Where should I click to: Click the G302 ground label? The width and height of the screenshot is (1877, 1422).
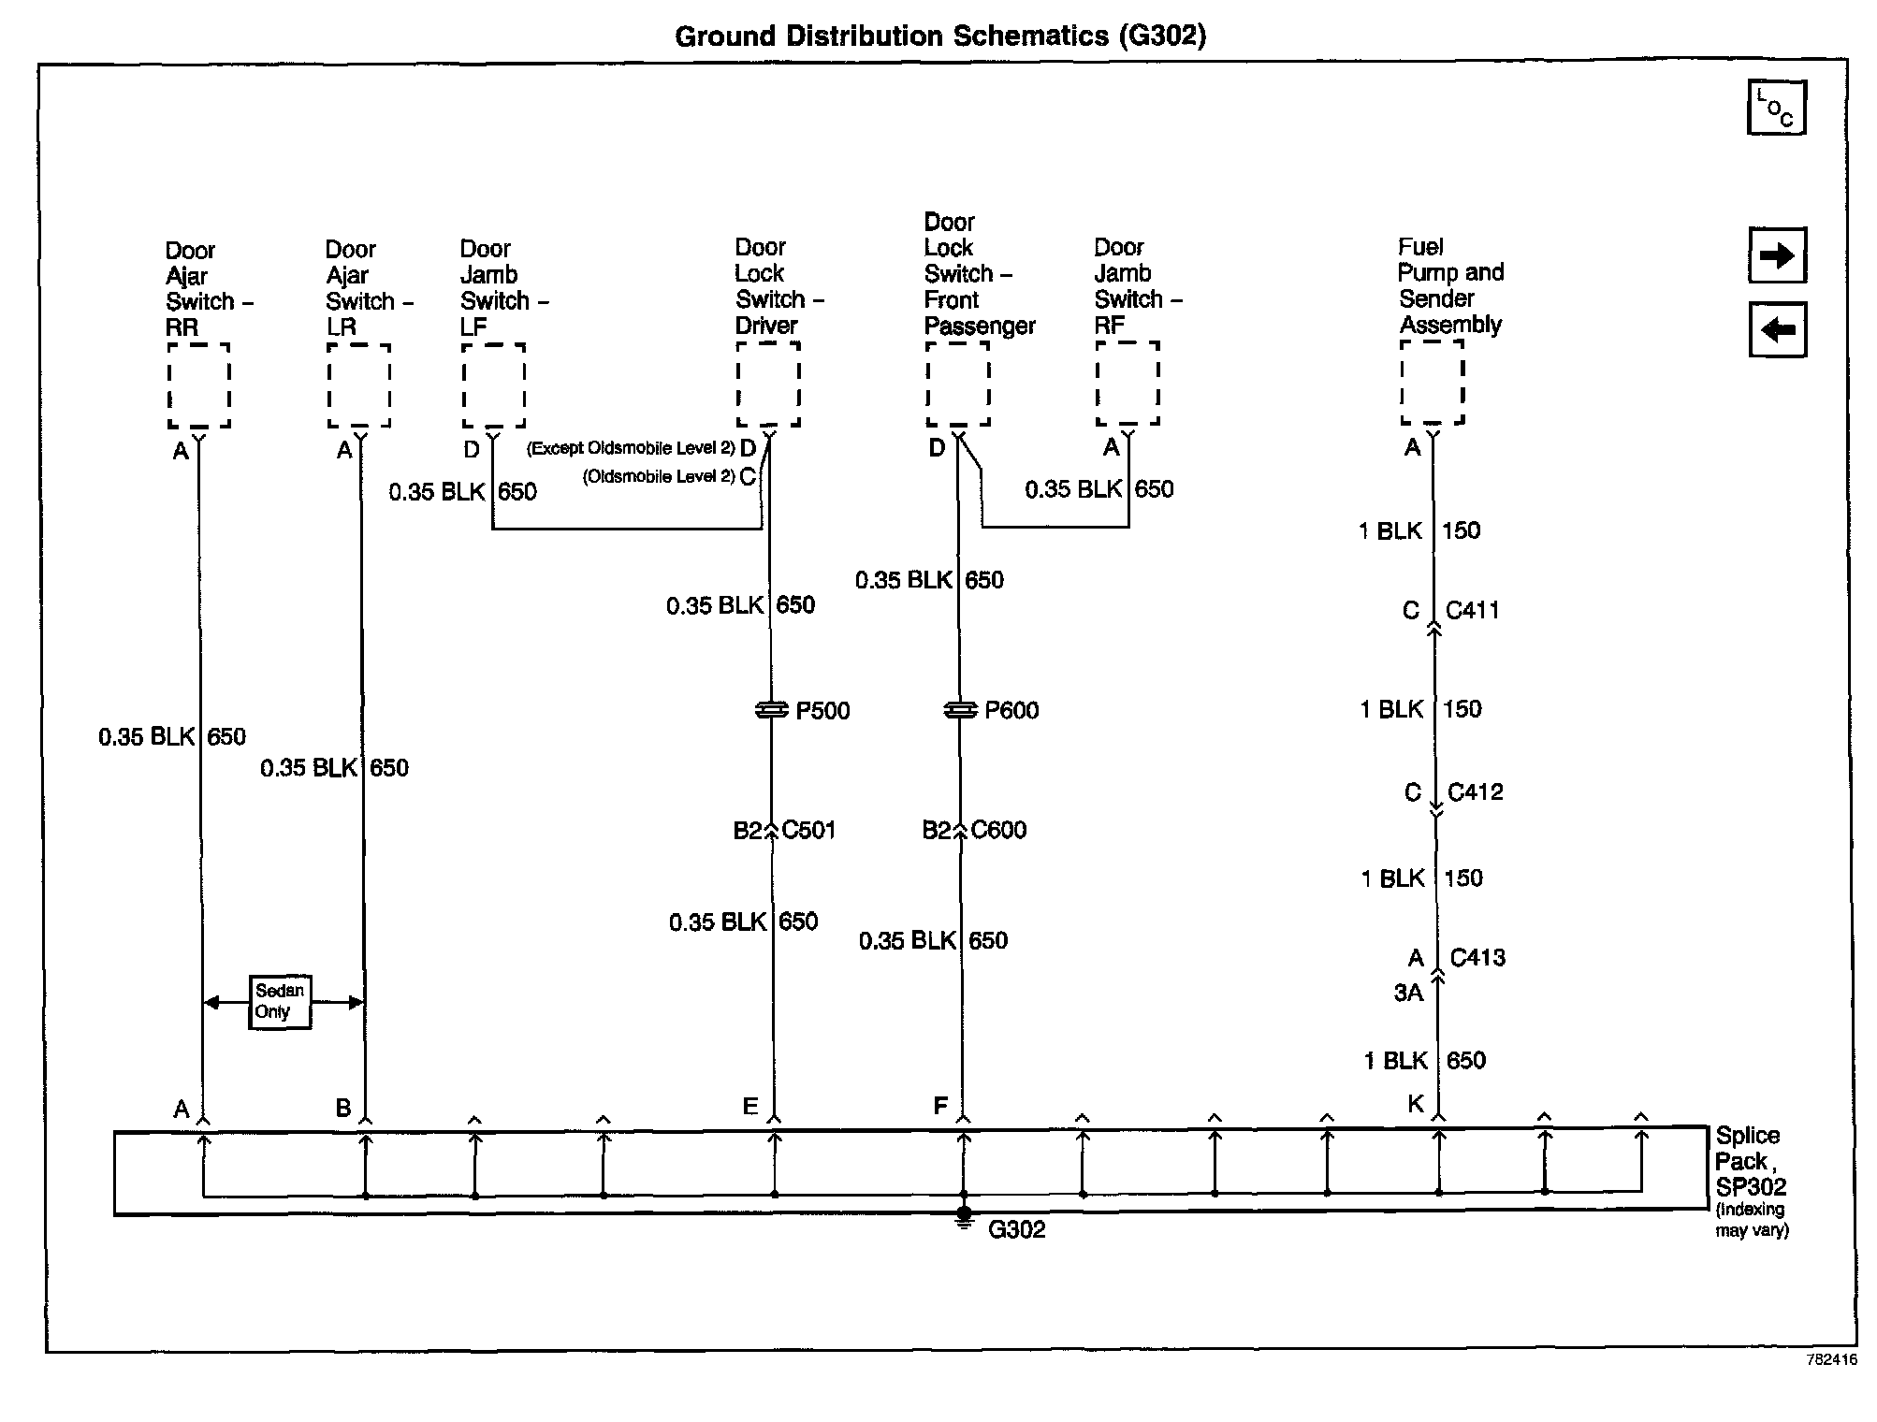click(x=1016, y=1229)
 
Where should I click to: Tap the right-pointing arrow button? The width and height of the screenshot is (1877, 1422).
click(x=1777, y=255)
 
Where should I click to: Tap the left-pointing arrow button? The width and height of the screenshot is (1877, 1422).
click(x=1777, y=329)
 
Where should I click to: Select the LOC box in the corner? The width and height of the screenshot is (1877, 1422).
click(x=1776, y=108)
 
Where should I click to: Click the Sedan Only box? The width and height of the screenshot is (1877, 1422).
click(x=279, y=1002)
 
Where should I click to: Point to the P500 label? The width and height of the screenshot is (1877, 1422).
click(x=822, y=711)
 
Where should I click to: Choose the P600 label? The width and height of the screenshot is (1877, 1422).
click(x=1011, y=711)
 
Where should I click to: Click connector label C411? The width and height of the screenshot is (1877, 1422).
click(x=1472, y=611)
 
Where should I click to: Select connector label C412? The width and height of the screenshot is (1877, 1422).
click(x=1475, y=792)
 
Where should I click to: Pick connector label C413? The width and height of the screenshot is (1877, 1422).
click(x=1477, y=958)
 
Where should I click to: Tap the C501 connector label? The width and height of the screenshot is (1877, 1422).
click(x=808, y=830)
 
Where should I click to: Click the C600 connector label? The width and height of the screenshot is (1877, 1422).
click(x=998, y=830)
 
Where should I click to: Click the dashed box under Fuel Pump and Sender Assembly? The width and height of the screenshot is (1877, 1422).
click(x=1432, y=382)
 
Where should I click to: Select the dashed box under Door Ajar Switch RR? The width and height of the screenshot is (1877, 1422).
click(x=198, y=385)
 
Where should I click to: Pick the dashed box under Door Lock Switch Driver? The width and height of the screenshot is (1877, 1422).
click(x=768, y=384)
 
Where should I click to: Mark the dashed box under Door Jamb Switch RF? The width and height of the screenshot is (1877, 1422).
click(x=1128, y=383)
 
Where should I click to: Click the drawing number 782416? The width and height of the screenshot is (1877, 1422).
click(x=1831, y=1360)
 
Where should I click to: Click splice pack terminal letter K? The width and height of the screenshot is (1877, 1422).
click(x=1416, y=1104)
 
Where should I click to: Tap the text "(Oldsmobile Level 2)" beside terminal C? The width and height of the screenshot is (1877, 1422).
click(x=658, y=477)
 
